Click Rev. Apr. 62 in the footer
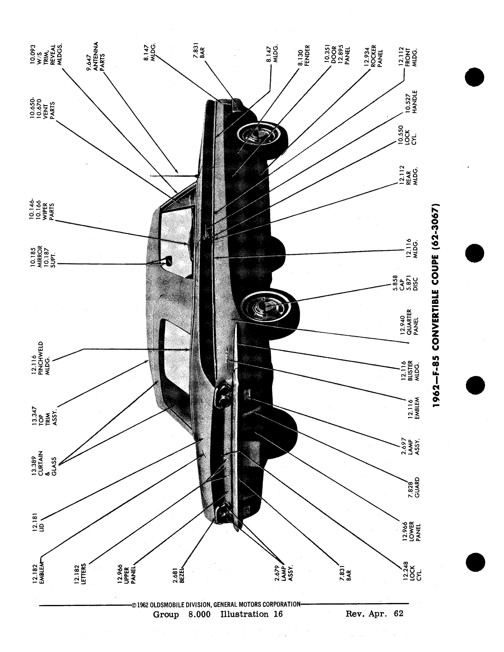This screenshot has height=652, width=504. pos(374,613)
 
